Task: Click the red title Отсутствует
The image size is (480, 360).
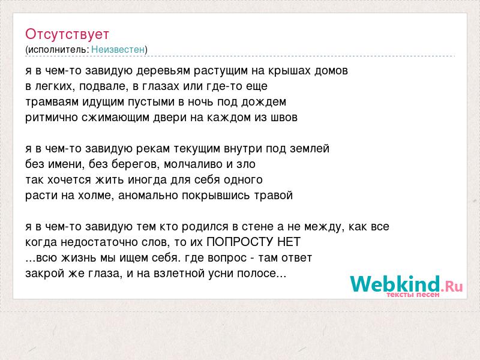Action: pos(67,34)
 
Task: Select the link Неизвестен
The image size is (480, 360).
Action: pos(118,49)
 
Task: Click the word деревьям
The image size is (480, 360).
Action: pos(163,71)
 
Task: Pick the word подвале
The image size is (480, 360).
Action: pos(103,86)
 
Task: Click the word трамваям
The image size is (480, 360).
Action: pos(52,102)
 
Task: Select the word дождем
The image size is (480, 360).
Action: pos(263,102)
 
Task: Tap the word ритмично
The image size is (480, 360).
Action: pos(52,118)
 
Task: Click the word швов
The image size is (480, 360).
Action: pos(284,118)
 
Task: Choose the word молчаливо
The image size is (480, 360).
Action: pos(193,164)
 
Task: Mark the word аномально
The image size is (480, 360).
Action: pos(148,196)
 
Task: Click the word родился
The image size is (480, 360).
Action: pos(205,227)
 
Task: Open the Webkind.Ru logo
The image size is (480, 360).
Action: pos(407,286)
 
